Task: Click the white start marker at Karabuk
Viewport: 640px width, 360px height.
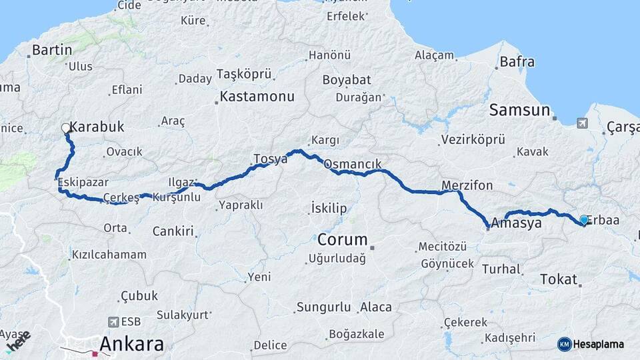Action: pos(66,127)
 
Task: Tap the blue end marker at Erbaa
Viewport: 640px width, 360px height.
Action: pos(584,219)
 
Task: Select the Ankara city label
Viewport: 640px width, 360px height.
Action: pos(132,344)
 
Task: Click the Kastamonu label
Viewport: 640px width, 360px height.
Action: pos(257,97)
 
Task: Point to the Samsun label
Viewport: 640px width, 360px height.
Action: pos(519,110)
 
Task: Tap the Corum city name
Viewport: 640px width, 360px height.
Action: pos(343,239)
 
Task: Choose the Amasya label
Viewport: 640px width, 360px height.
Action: pos(516,223)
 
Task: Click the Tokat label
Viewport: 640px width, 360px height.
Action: pos(558,279)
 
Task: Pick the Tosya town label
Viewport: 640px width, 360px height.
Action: pos(270,159)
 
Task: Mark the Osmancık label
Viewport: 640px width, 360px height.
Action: pos(352,163)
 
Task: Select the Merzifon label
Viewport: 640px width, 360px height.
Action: pos(467,185)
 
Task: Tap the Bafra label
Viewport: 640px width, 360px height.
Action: pos(517,62)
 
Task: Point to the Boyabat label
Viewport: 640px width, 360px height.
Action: pos(347,80)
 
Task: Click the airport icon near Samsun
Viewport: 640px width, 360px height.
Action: pos(582,123)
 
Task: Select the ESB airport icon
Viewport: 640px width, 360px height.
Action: pos(113,321)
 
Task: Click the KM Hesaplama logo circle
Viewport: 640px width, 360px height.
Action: pos(565,344)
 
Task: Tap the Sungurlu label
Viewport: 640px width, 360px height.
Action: pos(323,307)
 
